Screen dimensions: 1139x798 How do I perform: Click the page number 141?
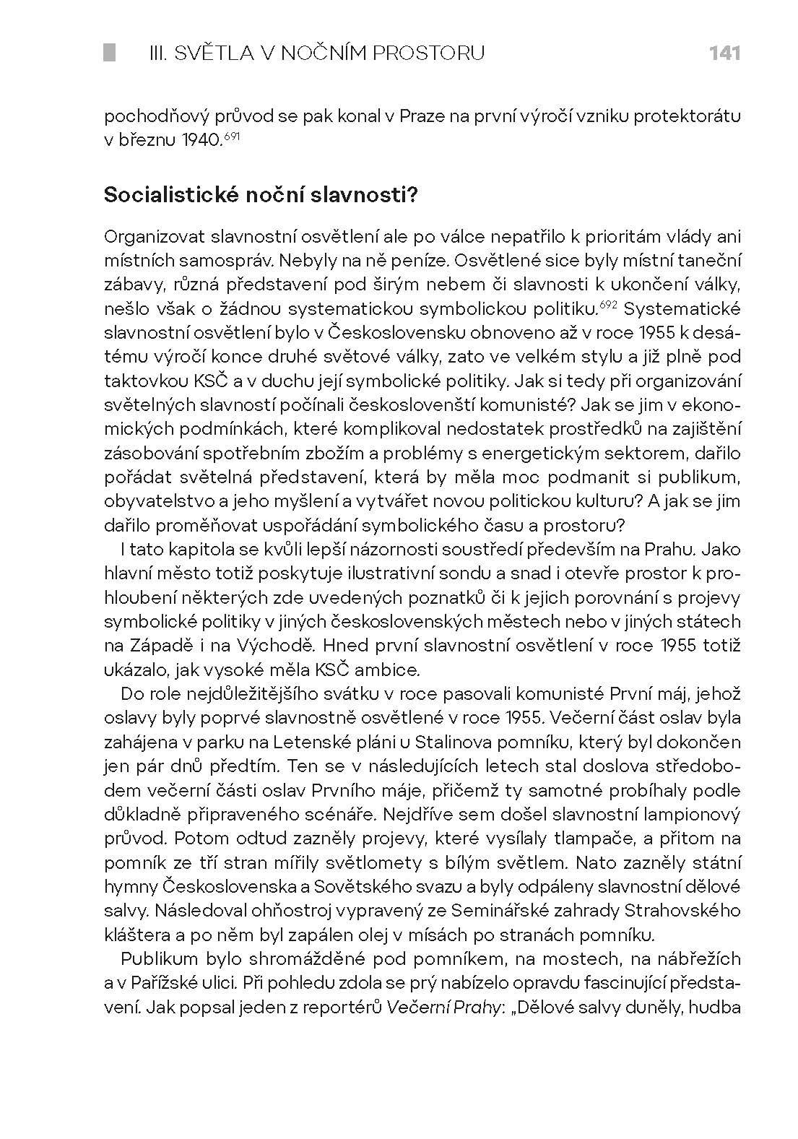click(x=724, y=53)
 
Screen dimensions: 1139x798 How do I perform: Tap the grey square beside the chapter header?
click(x=110, y=53)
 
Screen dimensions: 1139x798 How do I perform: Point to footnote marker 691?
click(x=230, y=135)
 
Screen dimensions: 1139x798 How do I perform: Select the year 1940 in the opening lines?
click(x=200, y=139)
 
